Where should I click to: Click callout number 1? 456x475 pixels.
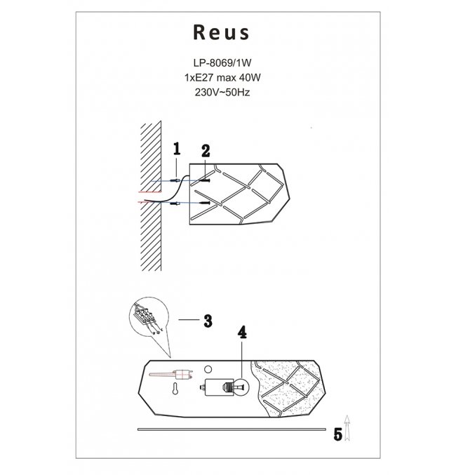[x=177, y=149]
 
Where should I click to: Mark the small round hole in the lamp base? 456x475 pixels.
[x=207, y=369]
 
